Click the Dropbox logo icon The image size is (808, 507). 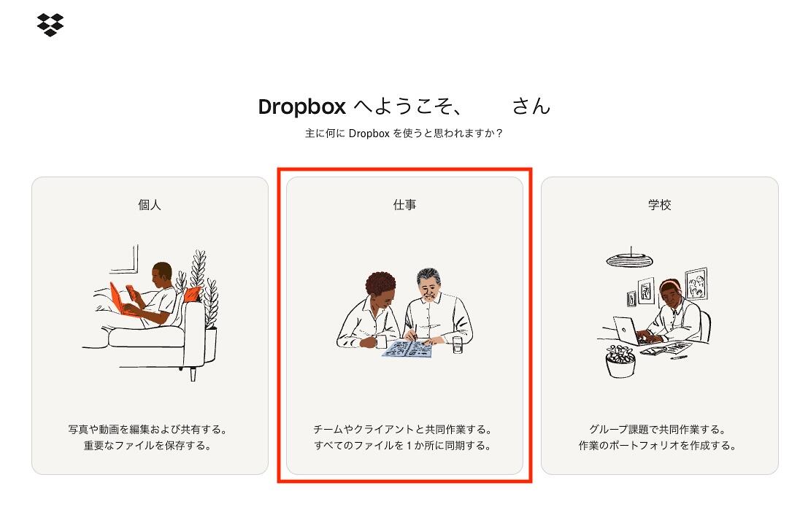[50, 25]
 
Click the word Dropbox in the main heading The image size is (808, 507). [302, 107]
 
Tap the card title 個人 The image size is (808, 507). [150, 204]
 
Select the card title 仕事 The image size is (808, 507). [404, 204]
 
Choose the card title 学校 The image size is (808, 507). [660, 204]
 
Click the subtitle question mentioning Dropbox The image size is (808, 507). [404, 133]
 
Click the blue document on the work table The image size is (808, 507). [407, 349]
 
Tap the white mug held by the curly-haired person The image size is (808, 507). [380, 341]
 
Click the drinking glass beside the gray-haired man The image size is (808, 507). [458, 345]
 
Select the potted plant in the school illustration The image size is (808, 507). [620, 361]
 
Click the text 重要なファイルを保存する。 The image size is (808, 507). [148, 445]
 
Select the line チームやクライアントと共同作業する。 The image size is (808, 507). [404, 429]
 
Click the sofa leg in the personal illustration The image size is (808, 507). [193, 374]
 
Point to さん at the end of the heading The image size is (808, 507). [531, 107]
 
